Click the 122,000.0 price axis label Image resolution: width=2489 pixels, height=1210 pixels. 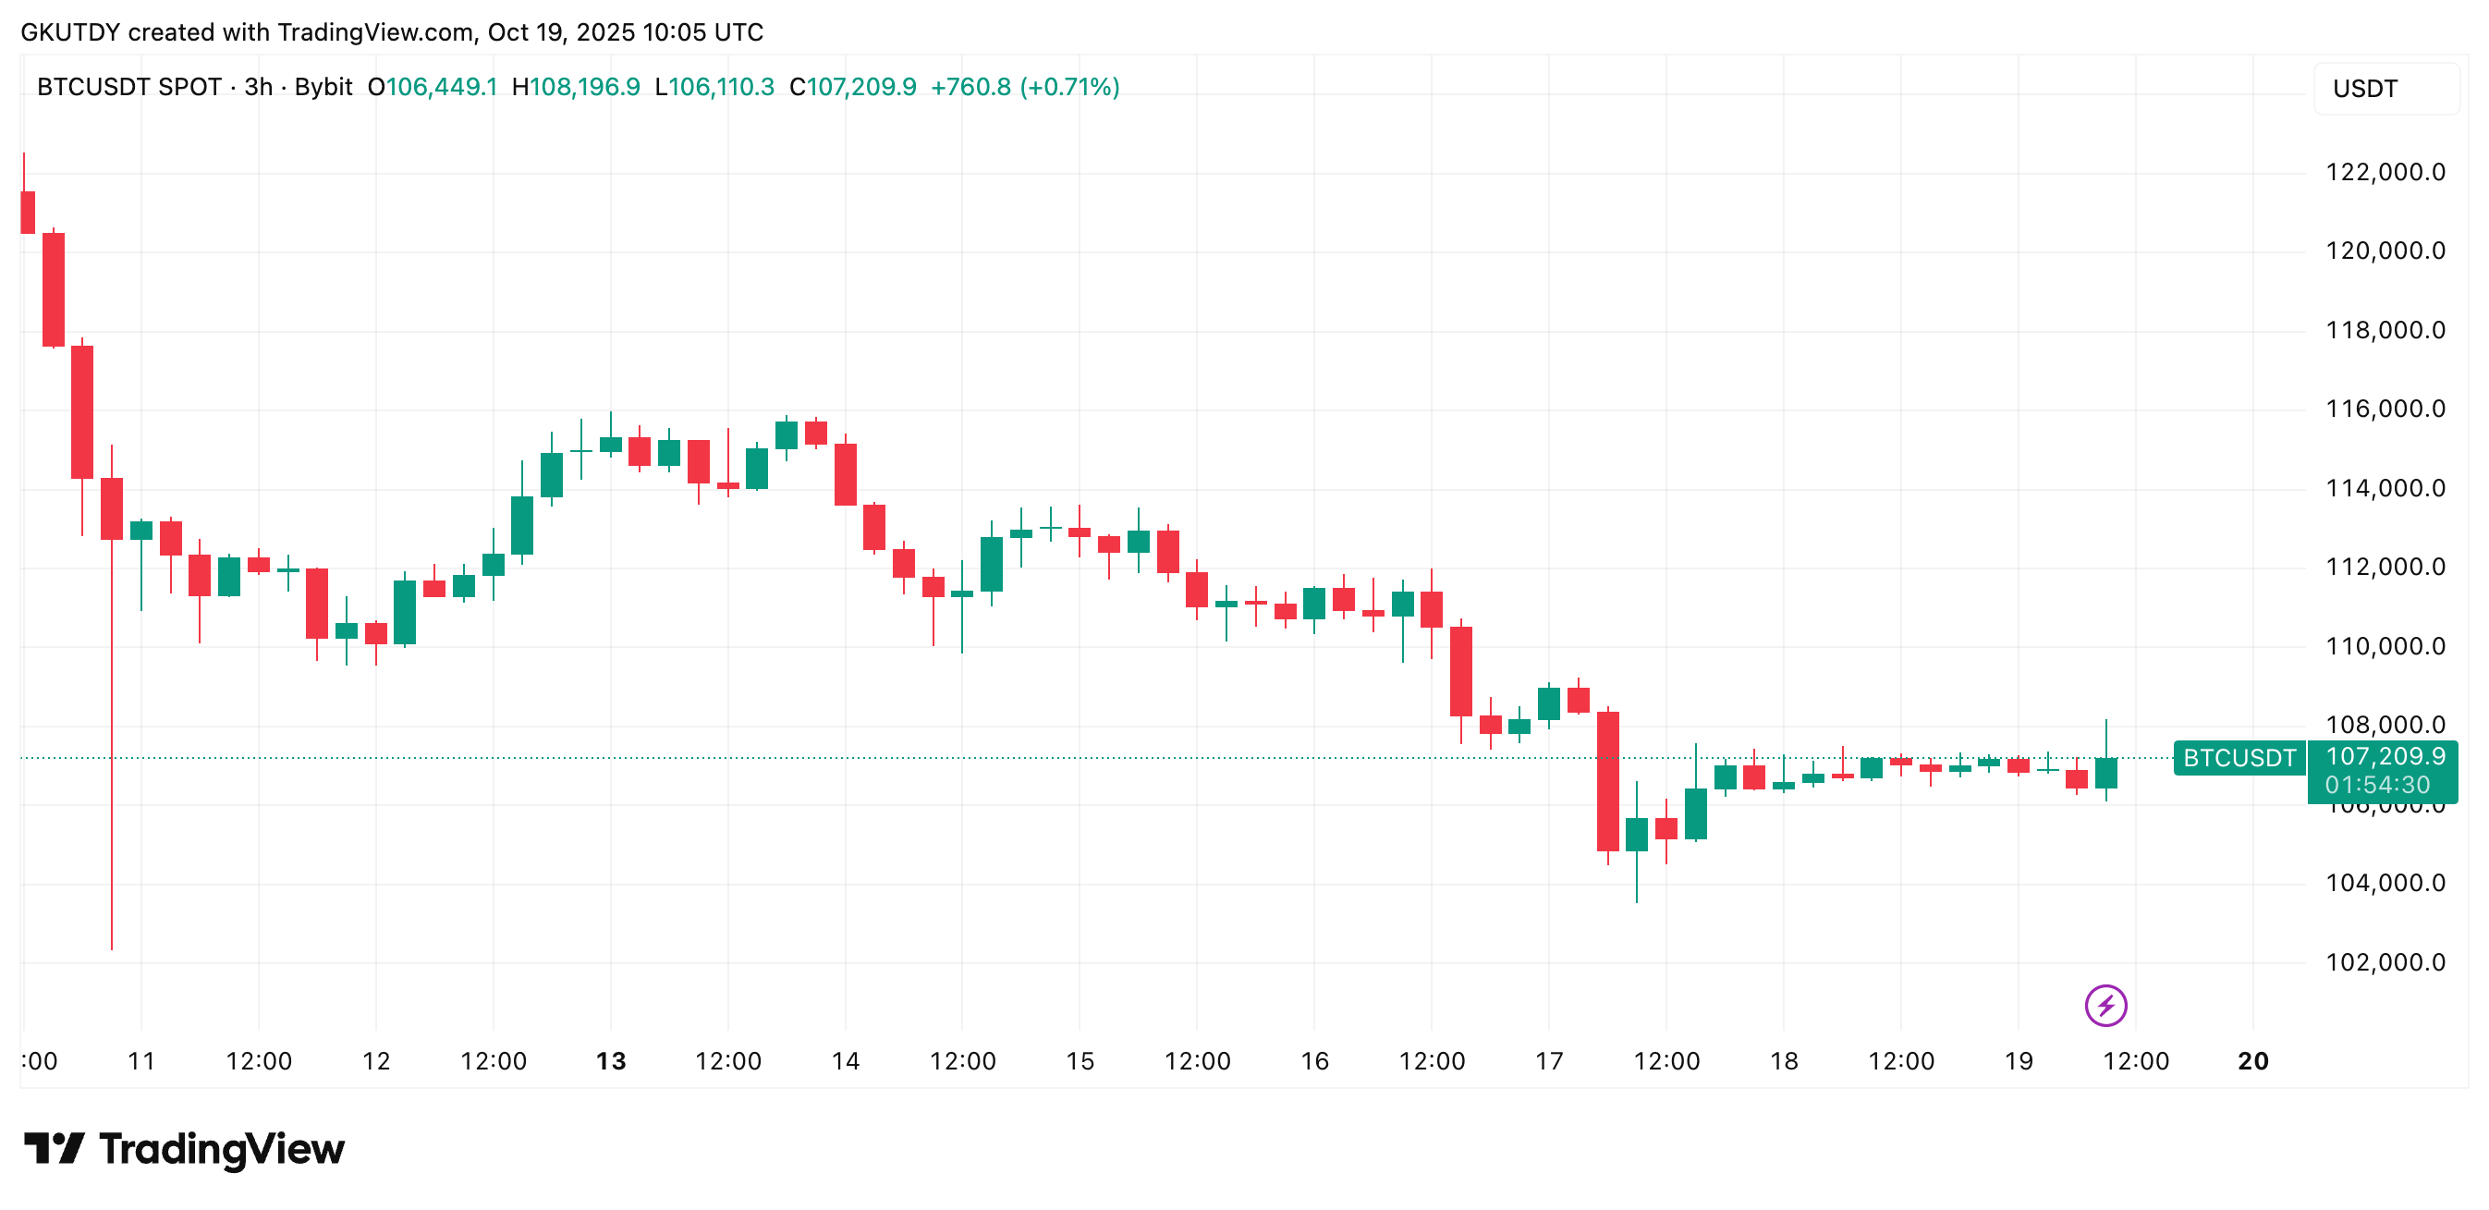click(x=2384, y=172)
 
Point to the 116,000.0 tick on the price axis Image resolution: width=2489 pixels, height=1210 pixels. click(x=2384, y=409)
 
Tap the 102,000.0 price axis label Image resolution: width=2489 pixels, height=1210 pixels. click(x=2384, y=961)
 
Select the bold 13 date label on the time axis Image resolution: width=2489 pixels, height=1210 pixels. click(x=611, y=1061)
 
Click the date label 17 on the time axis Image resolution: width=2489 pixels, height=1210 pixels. click(x=1549, y=1061)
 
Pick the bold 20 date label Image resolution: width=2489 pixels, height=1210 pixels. click(x=2252, y=1061)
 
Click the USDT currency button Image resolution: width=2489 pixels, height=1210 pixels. click(x=2364, y=89)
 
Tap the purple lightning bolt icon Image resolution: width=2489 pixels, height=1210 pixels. click(x=2105, y=1005)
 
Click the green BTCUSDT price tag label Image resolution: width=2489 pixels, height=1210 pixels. click(x=2239, y=758)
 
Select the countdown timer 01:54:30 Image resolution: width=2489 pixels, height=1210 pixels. click(x=2377, y=785)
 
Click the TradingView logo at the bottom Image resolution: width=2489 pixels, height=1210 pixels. click(x=184, y=1148)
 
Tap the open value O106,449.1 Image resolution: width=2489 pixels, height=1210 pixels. click(x=433, y=87)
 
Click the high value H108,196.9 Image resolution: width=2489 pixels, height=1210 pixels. click(x=576, y=87)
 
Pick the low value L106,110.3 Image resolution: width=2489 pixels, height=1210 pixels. click(x=715, y=87)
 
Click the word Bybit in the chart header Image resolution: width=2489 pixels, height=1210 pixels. click(x=323, y=87)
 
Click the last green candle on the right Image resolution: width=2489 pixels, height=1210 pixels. click(x=2105, y=772)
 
